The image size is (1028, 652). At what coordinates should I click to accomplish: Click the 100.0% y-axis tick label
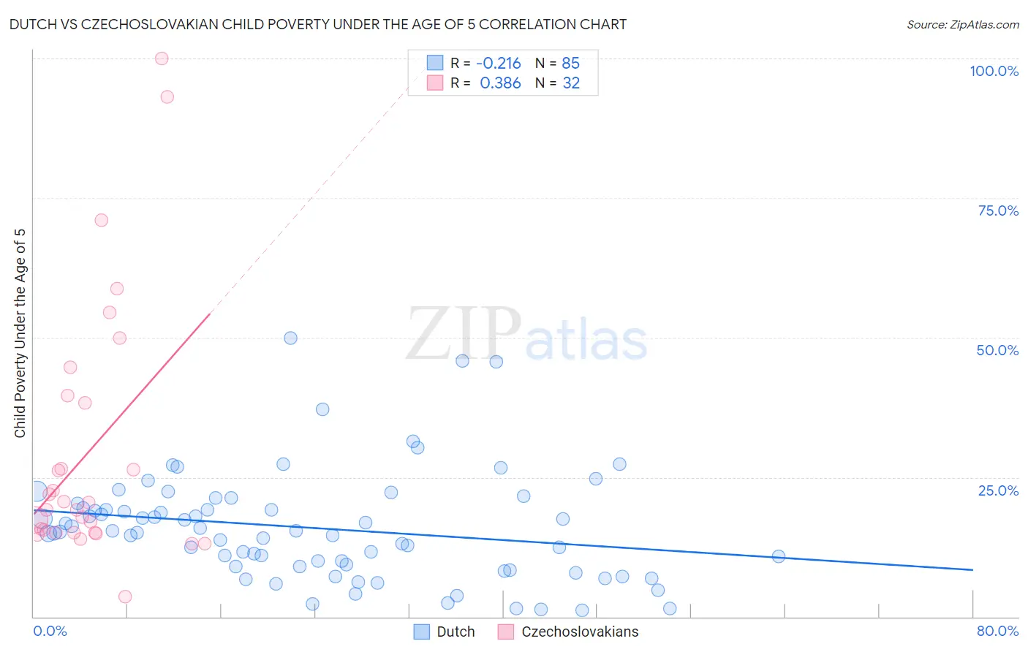click(994, 71)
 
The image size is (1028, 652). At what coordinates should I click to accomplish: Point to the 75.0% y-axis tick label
click(998, 211)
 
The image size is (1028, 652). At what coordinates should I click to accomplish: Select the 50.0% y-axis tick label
click(997, 350)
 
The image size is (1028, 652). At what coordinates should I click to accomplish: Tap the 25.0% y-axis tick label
click(998, 490)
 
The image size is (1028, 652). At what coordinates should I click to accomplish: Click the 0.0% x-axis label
click(50, 631)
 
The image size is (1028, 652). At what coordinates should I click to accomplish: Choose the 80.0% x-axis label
click(997, 631)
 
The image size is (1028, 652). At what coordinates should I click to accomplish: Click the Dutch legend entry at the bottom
click(445, 632)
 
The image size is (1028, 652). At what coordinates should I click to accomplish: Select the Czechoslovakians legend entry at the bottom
click(568, 632)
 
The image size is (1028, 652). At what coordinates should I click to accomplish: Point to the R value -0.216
click(499, 64)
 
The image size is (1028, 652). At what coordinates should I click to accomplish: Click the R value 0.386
click(500, 83)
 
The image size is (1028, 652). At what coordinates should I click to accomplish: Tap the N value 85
click(570, 64)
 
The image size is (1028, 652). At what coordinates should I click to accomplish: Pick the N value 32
click(570, 83)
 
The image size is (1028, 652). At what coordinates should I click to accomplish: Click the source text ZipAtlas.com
click(962, 25)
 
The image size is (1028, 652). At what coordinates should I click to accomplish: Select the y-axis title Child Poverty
click(20, 333)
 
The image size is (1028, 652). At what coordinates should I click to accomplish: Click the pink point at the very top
click(162, 58)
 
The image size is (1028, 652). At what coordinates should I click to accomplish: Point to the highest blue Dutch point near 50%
click(290, 338)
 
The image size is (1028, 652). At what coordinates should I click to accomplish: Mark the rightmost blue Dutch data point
click(779, 556)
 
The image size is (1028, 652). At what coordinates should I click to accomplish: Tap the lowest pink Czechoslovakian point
click(125, 596)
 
